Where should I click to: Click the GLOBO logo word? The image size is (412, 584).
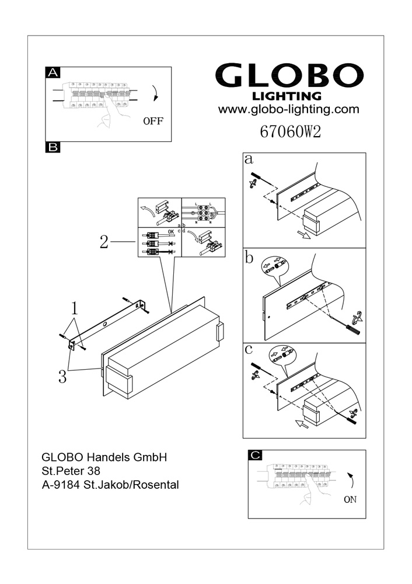click(289, 76)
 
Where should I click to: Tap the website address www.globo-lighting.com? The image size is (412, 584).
click(288, 109)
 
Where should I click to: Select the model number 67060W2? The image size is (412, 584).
click(289, 132)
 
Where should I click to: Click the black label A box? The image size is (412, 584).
click(53, 72)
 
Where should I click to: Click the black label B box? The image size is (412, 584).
click(53, 148)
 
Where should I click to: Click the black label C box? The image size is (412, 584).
click(255, 455)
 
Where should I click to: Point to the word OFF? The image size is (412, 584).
click(153, 121)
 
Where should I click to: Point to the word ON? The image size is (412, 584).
click(350, 499)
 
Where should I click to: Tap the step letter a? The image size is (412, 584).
click(249, 159)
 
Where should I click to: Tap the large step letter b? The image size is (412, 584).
click(250, 258)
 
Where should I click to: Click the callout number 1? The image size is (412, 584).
click(74, 308)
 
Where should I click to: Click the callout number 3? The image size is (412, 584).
click(62, 377)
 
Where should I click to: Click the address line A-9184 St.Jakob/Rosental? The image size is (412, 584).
click(110, 484)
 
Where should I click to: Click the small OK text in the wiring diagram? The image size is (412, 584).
click(170, 231)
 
